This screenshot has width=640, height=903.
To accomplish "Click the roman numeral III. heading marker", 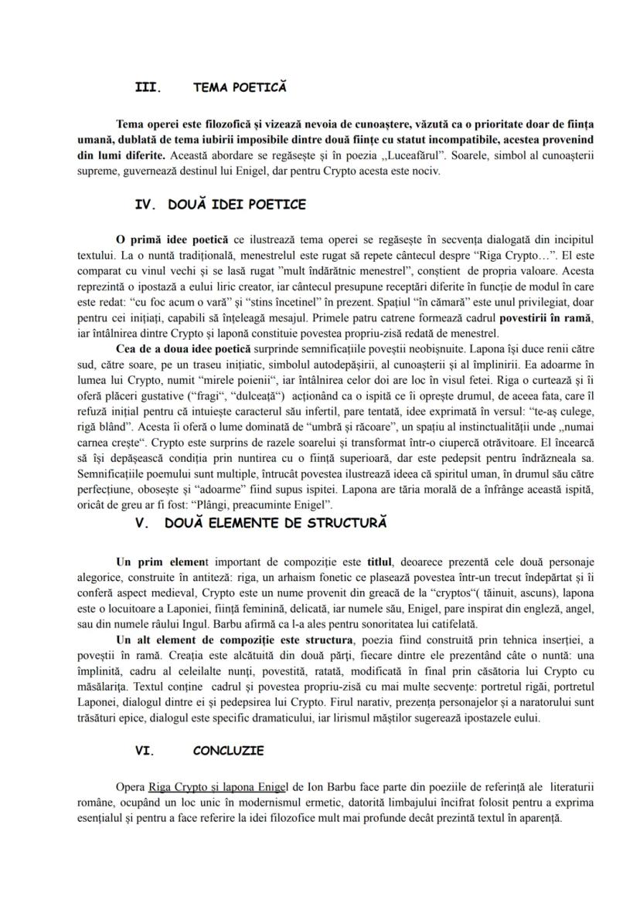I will (x=148, y=88).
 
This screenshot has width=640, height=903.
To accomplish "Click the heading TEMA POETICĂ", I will (x=240, y=88).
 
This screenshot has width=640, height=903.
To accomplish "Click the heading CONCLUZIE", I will (x=228, y=751).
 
